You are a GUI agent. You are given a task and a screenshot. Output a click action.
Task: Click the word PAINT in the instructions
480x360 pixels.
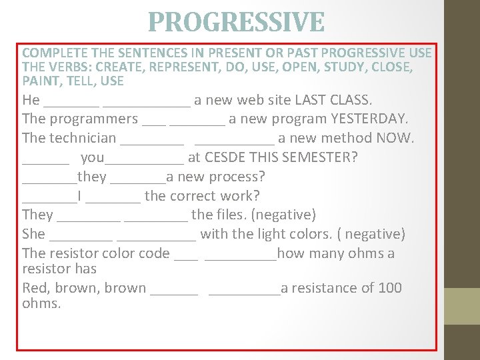click(40, 81)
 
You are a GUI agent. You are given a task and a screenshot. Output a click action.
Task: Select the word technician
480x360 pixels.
click(83, 138)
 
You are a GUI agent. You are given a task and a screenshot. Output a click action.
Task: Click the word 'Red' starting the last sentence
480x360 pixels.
click(35, 288)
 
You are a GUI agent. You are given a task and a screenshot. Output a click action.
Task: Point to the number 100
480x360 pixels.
click(390, 288)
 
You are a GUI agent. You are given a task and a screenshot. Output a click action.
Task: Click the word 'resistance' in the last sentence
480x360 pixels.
click(323, 288)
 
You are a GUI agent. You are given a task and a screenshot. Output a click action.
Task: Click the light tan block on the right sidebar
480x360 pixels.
click(462, 306)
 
